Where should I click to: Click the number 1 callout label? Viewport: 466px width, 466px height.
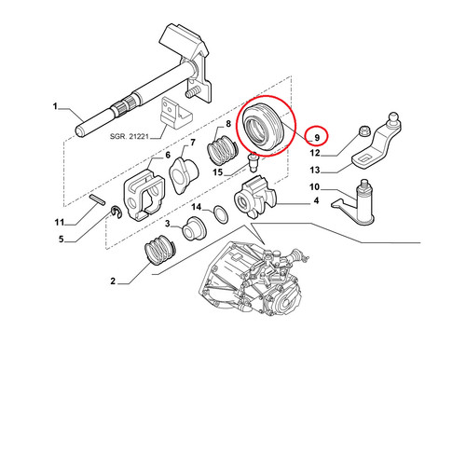tap(55, 106)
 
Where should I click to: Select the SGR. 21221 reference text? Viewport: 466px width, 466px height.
tap(130, 136)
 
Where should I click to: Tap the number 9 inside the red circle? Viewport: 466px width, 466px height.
tap(317, 137)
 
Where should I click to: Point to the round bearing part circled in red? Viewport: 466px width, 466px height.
tap(264, 128)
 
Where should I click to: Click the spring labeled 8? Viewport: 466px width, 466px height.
tap(222, 150)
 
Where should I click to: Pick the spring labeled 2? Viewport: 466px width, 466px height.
tap(160, 251)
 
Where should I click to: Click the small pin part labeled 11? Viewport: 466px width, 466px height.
tap(97, 199)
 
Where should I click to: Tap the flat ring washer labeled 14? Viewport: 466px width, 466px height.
tap(221, 214)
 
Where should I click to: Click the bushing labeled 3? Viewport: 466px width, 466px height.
tap(193, 229)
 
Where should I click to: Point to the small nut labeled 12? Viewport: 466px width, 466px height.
tap(363, 130)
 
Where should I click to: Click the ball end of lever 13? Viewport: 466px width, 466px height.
tap(394, 117)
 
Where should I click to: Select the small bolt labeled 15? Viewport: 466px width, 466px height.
tap(253, 161)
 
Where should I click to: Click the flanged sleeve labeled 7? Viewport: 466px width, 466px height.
tap(184, 176)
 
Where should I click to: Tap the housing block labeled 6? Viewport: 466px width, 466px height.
tap(144, 195)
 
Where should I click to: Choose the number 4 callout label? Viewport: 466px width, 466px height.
tap(316, 201)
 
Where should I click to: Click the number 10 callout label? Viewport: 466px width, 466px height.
tap(314, 187)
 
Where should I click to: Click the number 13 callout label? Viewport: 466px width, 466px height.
tap(315, 170)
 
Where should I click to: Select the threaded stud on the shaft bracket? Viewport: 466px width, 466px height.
tap(192, 93)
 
